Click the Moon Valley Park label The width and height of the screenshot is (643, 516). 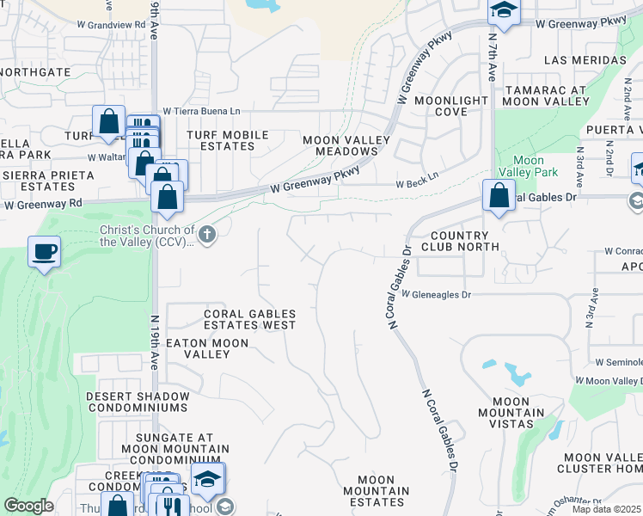[x=529, y=166]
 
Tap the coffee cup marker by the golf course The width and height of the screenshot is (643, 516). [x=44, y=252]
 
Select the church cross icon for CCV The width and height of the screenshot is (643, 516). [x=206, y=234]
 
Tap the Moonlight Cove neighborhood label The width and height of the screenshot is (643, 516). [x=451, y=107]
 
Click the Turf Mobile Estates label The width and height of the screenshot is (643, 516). [x=228, y=141]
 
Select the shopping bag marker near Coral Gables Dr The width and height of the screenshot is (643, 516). [x=499, y=195]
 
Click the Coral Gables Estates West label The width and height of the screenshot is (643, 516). [x=250, y=320]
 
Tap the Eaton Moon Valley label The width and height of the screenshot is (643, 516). [x=206, y=348]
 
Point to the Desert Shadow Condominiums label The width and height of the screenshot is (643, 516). [x=137, y=402]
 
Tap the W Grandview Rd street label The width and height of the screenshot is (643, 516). [x=118, y=26]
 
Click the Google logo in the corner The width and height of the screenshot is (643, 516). [x=28, y=506]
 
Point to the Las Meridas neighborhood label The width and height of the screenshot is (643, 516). [x=585, y=60]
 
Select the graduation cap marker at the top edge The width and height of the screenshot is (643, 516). [x=504, y=12]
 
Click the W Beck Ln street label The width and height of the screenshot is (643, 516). [x=417, y=185]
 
